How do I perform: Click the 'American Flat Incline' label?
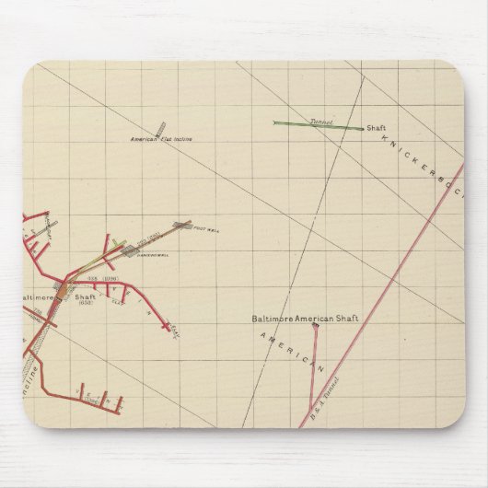coord(168,139)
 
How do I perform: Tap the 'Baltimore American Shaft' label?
coord(306,319)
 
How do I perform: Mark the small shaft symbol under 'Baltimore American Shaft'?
coord(315,325)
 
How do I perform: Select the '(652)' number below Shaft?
coord(86,304)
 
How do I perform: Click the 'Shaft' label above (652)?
coord(85,296)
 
